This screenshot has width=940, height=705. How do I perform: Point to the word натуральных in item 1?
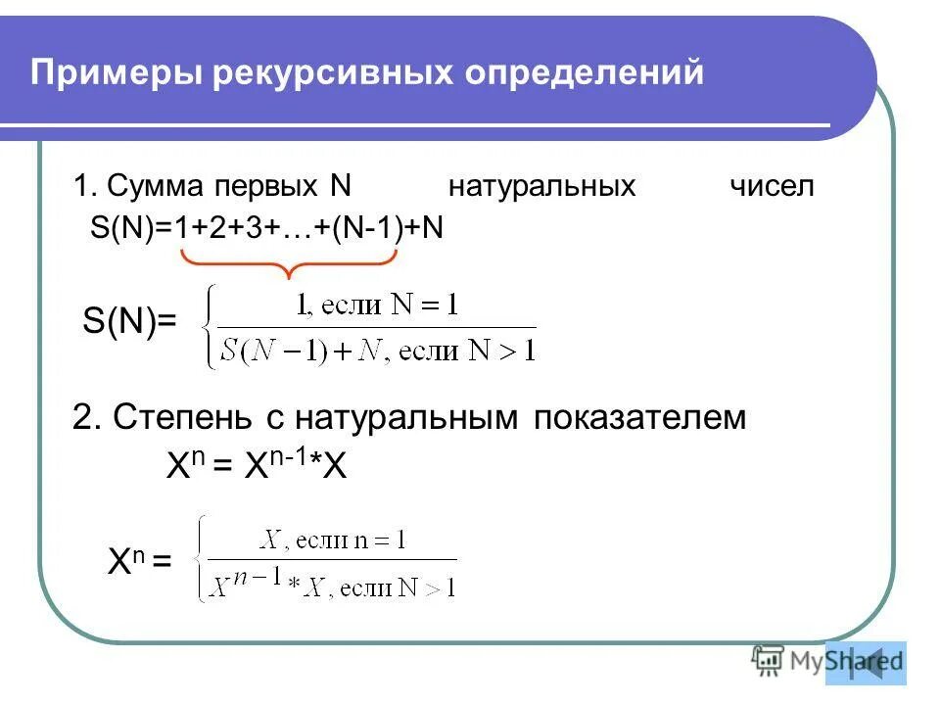(x=541, y=186)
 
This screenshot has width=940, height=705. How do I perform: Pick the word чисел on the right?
(x=772, y=186)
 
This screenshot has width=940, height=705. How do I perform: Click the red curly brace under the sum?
(x=289, y=262)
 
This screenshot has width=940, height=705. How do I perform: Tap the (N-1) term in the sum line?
(x=363, y=228)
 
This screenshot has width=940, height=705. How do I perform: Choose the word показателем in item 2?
(x=640, y=418)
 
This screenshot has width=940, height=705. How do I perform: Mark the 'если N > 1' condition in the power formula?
(x=402, y=587)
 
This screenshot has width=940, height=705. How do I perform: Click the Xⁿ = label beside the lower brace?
(x=139, y=562)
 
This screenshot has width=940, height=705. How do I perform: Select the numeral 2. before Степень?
(x=87, y=418)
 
